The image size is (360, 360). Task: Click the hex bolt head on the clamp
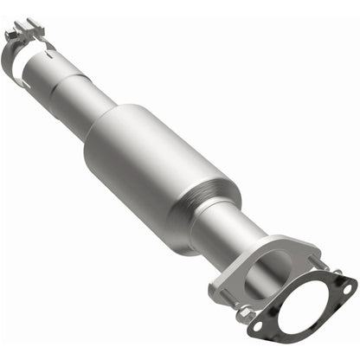click(x=12, y=35)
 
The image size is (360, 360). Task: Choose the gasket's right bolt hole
click(x=344, y=286)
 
